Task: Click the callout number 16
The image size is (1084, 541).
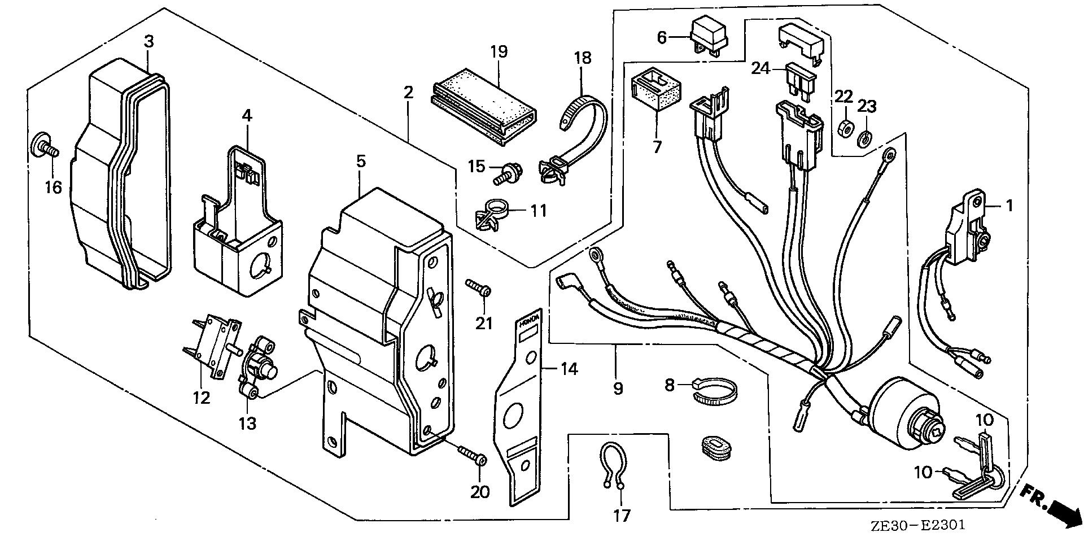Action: click(x=54, y=187)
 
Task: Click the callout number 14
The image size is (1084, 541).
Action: click(x=569, y=369)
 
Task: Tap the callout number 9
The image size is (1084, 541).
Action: click(x=618, y=389)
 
